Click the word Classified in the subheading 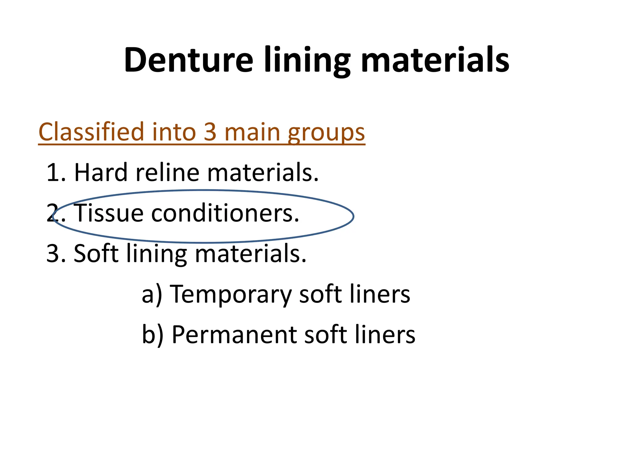91,132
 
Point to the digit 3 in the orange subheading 210,132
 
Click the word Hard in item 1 101,172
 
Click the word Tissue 109,213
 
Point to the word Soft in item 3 96,253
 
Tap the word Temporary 231,295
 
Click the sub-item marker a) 151,295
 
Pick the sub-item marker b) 152,335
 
